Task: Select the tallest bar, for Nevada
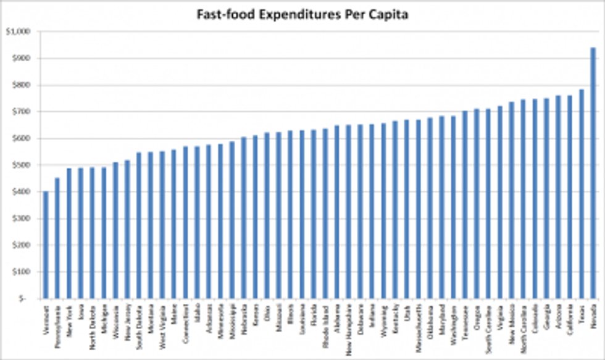593,173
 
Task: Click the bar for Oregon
476,203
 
